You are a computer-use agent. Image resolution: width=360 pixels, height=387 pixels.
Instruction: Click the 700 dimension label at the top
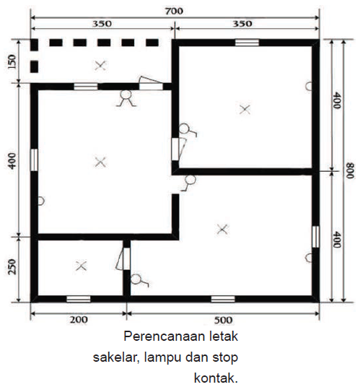pos(174,11)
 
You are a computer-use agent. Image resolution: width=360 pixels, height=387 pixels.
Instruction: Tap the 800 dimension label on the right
pos(350,170)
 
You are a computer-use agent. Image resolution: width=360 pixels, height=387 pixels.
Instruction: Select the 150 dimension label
pos(12,61)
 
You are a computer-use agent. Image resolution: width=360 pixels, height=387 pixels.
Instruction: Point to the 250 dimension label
pos(12,267)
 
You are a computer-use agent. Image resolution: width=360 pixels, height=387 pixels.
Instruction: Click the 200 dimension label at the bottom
pos(79,320)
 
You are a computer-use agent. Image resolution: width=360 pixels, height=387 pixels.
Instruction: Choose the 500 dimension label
pos(223,320)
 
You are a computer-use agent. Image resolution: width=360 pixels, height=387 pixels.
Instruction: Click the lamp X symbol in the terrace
pos(100,66)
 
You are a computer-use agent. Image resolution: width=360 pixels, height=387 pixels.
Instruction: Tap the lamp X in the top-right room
pos(245,109)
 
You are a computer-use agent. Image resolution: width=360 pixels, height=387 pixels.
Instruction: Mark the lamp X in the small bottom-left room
pos(81,266)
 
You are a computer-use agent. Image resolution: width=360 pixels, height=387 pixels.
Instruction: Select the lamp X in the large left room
pos(100,162)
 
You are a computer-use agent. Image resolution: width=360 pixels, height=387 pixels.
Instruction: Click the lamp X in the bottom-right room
pos(222,230)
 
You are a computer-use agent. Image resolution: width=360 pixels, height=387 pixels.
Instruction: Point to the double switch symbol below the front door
pos(126,98)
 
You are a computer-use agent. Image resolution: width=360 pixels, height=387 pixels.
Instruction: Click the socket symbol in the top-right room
pos(309,86)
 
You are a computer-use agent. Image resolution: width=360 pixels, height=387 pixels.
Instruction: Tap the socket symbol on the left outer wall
pos(41,201)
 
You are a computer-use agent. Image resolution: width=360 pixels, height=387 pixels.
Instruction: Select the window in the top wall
pos(247,43)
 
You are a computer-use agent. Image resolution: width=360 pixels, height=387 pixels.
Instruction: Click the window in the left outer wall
pos(34,160)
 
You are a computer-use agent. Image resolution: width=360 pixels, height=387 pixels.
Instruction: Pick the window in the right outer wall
pos(315,237)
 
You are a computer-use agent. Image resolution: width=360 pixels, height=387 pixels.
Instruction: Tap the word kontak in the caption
pos(216,378)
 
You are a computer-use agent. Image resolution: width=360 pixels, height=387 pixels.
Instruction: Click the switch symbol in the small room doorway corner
pos(139,280)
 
